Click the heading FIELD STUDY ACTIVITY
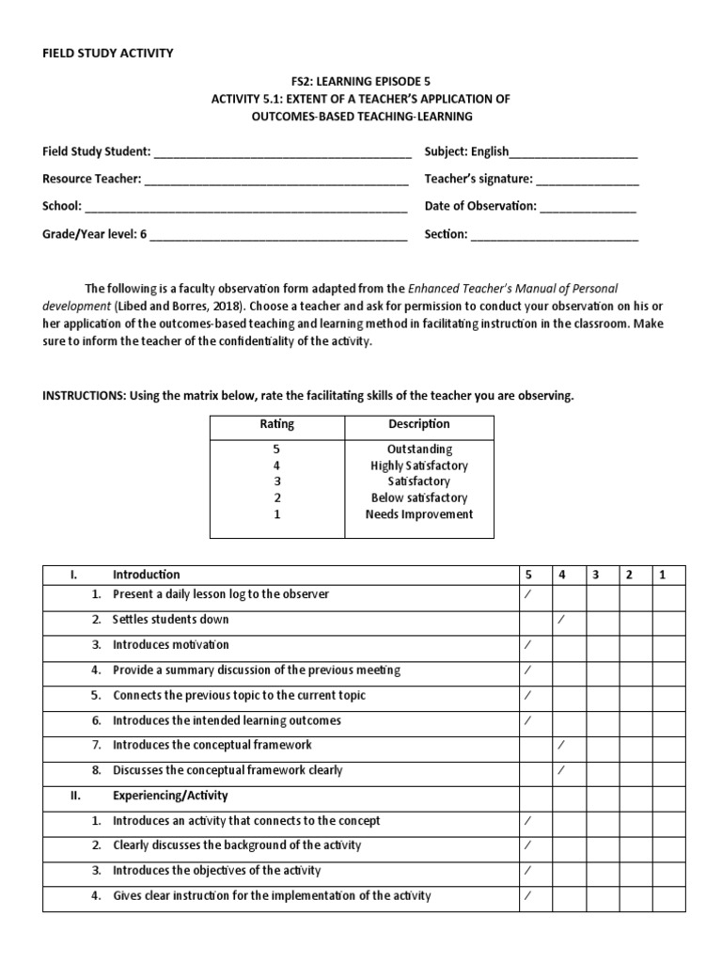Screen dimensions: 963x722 107,54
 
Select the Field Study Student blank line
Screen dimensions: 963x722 281,153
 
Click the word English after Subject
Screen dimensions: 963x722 490,151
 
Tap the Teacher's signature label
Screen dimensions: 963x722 479,179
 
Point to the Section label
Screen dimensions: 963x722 446,234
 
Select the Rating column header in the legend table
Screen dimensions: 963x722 276,424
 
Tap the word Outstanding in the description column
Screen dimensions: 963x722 419,450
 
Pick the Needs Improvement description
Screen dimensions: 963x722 419,514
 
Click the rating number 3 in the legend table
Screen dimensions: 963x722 276,481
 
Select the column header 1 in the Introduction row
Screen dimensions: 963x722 663,575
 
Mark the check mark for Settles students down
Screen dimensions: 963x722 561,620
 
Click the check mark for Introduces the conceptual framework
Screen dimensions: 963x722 561,745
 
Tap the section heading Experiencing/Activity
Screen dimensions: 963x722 170,796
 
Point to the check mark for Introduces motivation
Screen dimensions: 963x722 527,645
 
